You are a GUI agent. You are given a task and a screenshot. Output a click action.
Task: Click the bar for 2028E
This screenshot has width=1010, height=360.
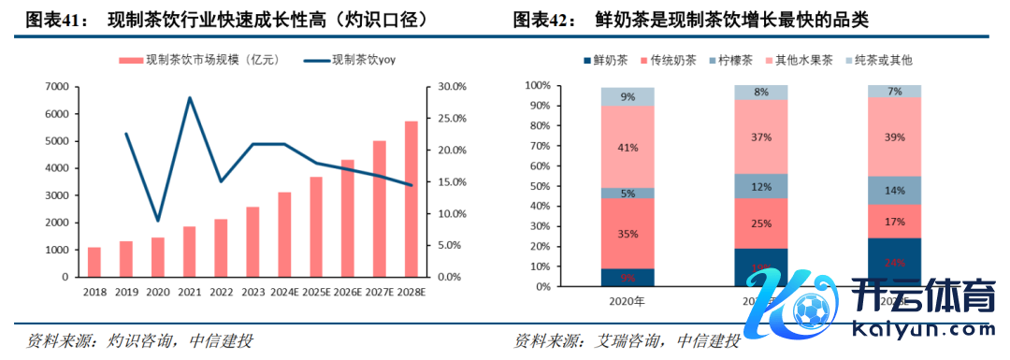click(411, 199)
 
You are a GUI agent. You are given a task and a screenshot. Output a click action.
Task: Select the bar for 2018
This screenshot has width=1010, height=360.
click(94, 262)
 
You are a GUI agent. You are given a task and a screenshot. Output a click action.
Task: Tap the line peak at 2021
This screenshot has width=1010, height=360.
click(190, 97)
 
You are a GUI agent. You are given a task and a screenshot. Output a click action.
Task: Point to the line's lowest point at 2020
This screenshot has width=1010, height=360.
click(157, 221)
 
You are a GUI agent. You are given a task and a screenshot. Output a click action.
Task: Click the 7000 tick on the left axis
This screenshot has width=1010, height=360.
click(56, 86)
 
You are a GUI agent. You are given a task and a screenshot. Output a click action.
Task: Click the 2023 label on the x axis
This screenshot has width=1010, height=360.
click(252, 293)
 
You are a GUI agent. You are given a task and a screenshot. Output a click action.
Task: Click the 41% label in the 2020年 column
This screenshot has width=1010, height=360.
click(628, 147)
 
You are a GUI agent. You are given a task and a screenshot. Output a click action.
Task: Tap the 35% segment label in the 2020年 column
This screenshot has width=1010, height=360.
click(628, 233)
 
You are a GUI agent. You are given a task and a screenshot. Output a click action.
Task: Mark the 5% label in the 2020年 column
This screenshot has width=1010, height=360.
click(628, 194)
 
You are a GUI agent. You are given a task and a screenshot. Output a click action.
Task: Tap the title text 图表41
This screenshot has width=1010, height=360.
click(55, 19)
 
